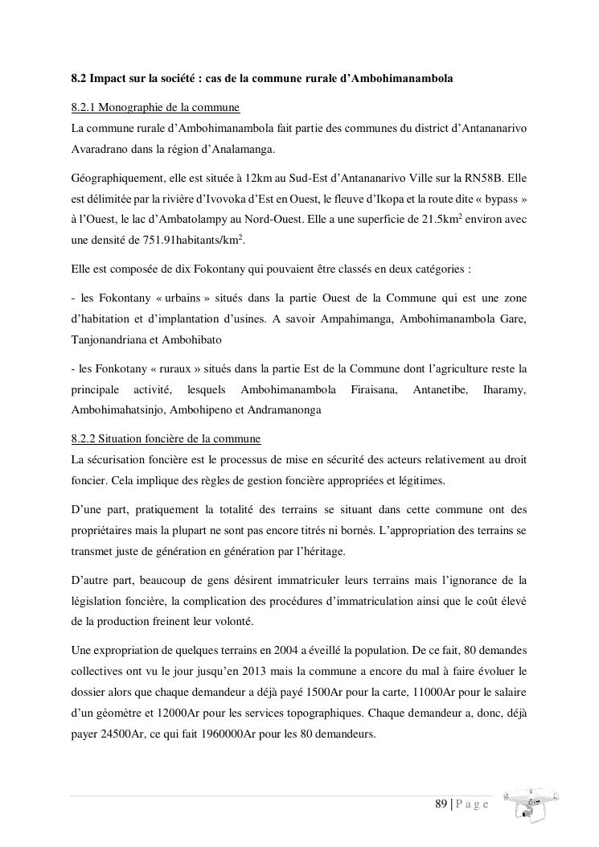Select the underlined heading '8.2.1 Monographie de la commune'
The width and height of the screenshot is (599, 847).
[x=155, y=107]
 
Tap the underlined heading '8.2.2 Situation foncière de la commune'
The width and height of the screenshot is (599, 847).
[x=166, y=439]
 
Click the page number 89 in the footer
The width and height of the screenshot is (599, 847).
[x=441, y=804]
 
